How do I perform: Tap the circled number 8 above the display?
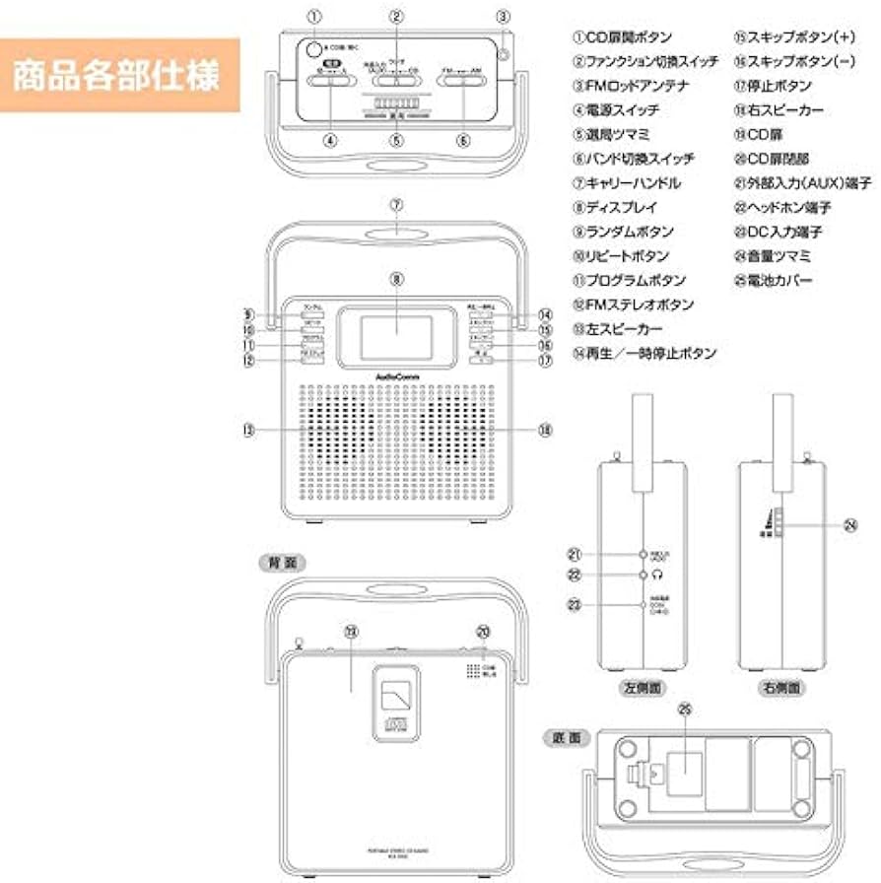[x=397, y=280]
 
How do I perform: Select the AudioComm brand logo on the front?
[x=396, y=374]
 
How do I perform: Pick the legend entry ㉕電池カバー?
[x=774, y=281]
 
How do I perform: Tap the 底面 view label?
[x=566, y=736]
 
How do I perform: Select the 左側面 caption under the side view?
[x=642, y=687]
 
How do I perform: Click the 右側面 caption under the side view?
[x=780, y=687]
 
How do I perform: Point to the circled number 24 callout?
[x=850, y=526]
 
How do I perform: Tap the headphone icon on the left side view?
[x=657, y=574]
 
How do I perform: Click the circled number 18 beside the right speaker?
[x=544, y=430]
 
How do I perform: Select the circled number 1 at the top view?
[x=313, y=16]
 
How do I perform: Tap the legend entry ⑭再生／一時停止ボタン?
[x=645, y=353]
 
